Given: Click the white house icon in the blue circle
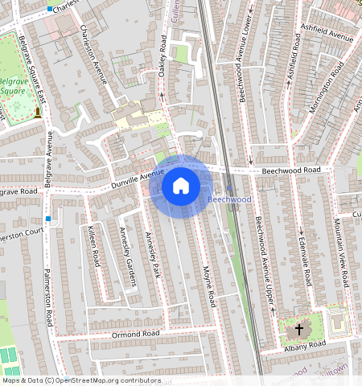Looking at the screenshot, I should [x=181, y=186].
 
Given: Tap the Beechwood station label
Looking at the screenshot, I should [x=229, y=199].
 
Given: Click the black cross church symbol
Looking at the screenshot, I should [x=299, y=329].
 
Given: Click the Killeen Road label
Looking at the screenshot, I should [x=93, y=247].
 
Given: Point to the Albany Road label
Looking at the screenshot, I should [x=304, y=346].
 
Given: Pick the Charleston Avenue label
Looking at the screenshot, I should [x=94, y=54].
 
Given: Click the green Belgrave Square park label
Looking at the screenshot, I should [x=14, y=86].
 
